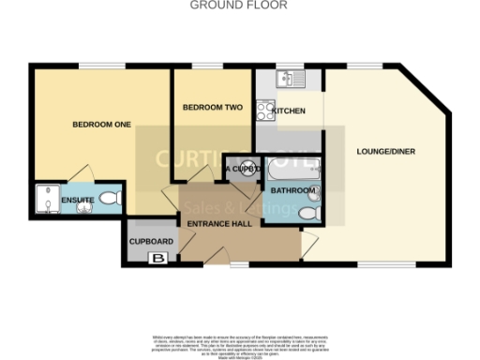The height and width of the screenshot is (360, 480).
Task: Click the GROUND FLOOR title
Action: (239, 5)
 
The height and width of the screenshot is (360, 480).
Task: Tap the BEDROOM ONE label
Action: (101, 125)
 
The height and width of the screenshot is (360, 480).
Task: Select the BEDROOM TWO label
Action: (213, 108)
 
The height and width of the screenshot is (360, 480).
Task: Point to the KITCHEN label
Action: (289, 112)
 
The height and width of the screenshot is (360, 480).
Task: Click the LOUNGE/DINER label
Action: (385, 151)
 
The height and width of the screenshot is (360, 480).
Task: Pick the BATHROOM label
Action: (292, 190)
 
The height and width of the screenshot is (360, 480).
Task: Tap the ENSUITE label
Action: (76, 201)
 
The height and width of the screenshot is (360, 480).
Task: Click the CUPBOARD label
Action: (151, 241)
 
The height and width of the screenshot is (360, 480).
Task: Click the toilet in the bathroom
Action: (307, 216)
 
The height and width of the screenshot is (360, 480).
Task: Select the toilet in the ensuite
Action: (110, 199)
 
